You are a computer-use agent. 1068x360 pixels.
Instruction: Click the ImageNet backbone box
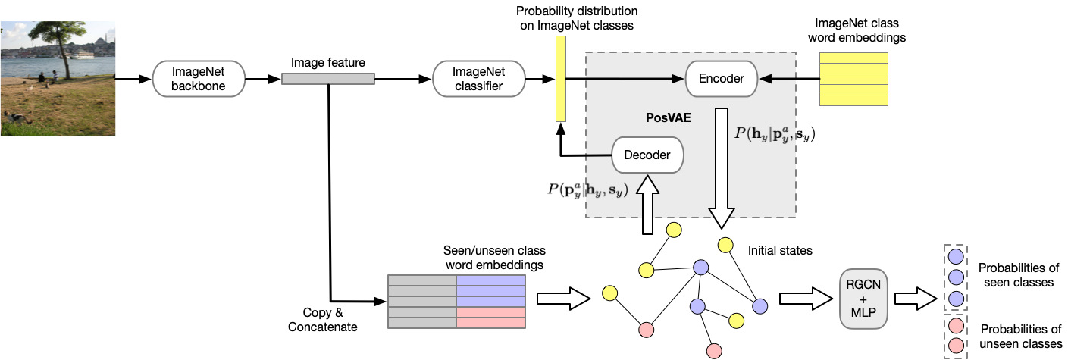coord(199,79)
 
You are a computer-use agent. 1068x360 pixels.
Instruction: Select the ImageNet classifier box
coord(479,79)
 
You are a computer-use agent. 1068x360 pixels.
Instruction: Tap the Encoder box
coord(722,79)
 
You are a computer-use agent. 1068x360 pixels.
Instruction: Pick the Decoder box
coord(647,155)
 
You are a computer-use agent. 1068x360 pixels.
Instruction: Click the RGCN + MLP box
coord(863,299)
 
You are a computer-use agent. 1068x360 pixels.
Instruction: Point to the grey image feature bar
coord(328,79)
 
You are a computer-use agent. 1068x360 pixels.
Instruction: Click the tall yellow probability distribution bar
coord(561,79)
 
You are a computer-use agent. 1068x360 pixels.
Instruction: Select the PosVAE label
coord(668,117)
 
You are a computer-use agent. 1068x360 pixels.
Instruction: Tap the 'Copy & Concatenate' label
coord(323,320)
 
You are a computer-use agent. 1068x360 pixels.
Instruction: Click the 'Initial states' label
coord(780,250)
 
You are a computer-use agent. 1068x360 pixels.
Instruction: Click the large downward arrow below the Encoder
coord(722,167)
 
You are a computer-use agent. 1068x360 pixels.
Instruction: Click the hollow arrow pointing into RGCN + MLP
coord(806,299)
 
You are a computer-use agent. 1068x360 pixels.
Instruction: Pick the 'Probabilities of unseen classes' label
coord(1021,337)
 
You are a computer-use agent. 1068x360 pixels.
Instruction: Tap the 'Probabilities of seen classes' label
coord(1019,275)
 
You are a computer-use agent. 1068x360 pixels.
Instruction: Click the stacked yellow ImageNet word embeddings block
coord(853,79)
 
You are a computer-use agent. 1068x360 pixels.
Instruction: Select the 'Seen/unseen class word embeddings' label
coord(494,258)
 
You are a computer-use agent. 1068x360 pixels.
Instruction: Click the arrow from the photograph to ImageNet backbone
coord(133,79)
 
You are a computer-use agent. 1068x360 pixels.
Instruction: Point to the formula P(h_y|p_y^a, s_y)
coord(775,134)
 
